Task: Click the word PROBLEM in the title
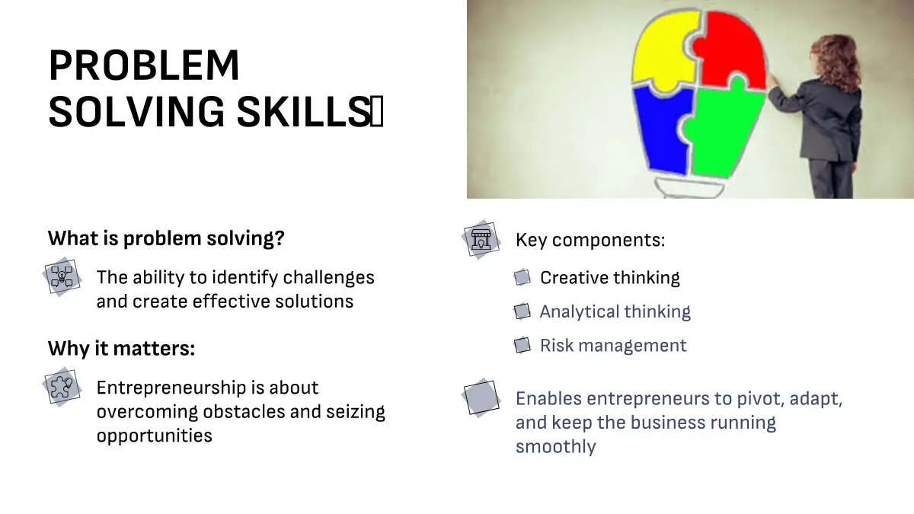tap(144, 65)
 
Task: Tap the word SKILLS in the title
tap(304, 111)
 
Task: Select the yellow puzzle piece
tap(664, 51)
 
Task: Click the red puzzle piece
tap(731, 49)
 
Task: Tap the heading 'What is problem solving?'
tap(166, 238)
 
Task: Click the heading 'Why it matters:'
tap(122, 349)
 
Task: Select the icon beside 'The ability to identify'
tap(62, 276)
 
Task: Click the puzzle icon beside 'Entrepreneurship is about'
tap(62, 387)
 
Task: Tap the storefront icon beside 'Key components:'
tap(481, 239)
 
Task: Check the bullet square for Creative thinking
tap(523, 278)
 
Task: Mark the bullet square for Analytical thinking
tap(523, 311)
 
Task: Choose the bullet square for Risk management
tap(523, 346)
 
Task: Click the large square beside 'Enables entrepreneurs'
tap(481, 397)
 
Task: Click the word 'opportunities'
tap(154, 436)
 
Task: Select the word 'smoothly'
tap(556, 447)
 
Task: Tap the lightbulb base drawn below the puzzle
tap(689, 189)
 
